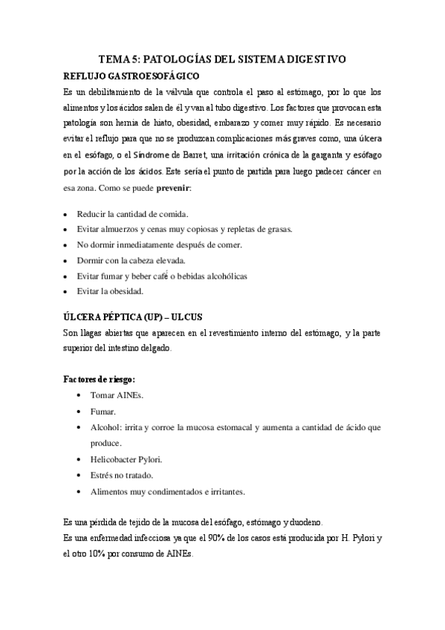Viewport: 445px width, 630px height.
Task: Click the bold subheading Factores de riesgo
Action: (99, 379)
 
